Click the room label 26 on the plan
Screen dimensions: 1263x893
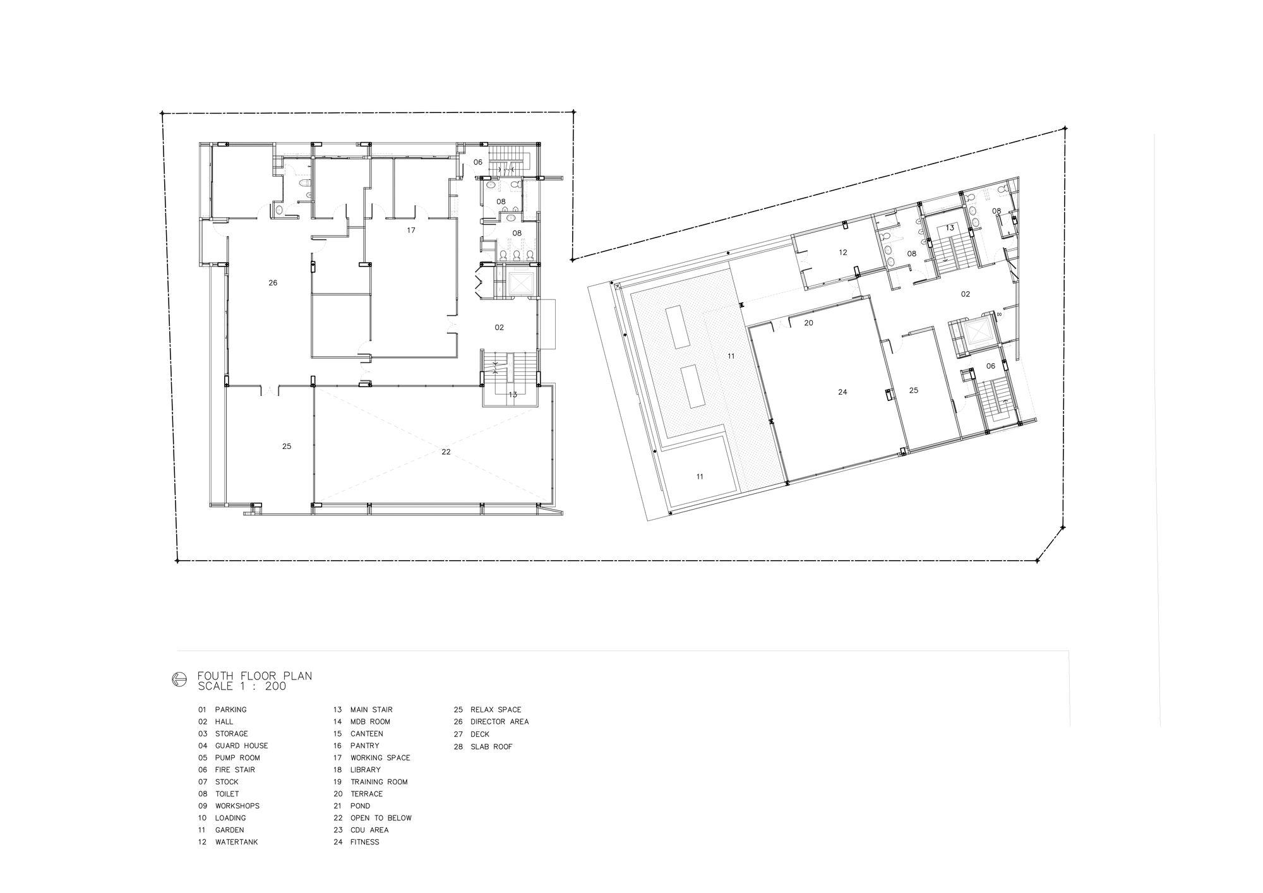(273, 283)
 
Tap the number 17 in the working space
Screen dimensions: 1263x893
(411, 231)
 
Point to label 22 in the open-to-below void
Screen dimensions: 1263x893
(446, 452)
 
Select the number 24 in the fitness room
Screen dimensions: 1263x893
(842, 392)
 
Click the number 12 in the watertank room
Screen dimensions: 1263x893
(842, 253)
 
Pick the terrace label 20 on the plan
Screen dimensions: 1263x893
(808, 323)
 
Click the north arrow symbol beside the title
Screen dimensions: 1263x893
(179, 680)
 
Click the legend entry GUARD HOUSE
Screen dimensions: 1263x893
(242, 746)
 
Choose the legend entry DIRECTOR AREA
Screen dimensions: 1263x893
(500, 722)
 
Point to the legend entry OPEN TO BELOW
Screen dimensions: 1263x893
(381, 818)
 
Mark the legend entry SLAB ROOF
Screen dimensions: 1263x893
(491, 746)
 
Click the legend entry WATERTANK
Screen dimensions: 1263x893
(237, 842)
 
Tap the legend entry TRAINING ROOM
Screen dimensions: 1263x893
(379, 782)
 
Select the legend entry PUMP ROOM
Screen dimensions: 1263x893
(237, 758)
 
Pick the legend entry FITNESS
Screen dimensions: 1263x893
(365, 842)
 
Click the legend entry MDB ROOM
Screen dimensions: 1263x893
(370, 722)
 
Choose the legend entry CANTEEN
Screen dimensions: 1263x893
(367, 734)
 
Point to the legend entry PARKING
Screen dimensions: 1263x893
(231, 710)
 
